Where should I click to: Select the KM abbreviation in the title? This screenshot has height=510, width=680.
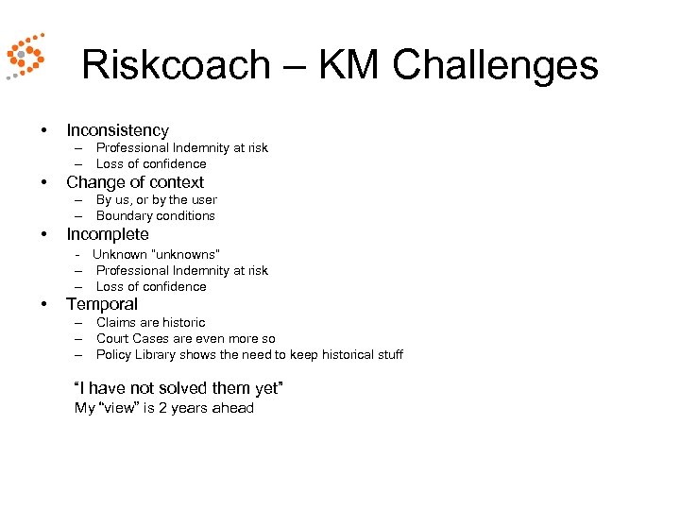(350, 65)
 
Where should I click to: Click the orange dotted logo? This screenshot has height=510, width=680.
(25, 56)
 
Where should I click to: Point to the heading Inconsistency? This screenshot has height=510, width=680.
(117, 130)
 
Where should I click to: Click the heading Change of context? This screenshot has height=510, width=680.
(135, 182)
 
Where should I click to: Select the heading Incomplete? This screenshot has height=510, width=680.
(108, 234)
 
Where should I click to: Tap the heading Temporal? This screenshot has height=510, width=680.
(102, 304)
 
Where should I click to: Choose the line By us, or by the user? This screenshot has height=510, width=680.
(156, 199)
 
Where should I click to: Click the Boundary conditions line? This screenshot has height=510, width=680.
(155, 215)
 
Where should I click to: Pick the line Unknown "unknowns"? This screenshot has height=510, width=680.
(156, 254)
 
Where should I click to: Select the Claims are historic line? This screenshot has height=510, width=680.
(150, 322)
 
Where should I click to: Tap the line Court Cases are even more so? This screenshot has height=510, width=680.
(185, 338)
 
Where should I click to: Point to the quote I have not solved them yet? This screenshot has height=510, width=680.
(178, 388)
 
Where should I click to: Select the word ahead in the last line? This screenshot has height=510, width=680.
(233, 408)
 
